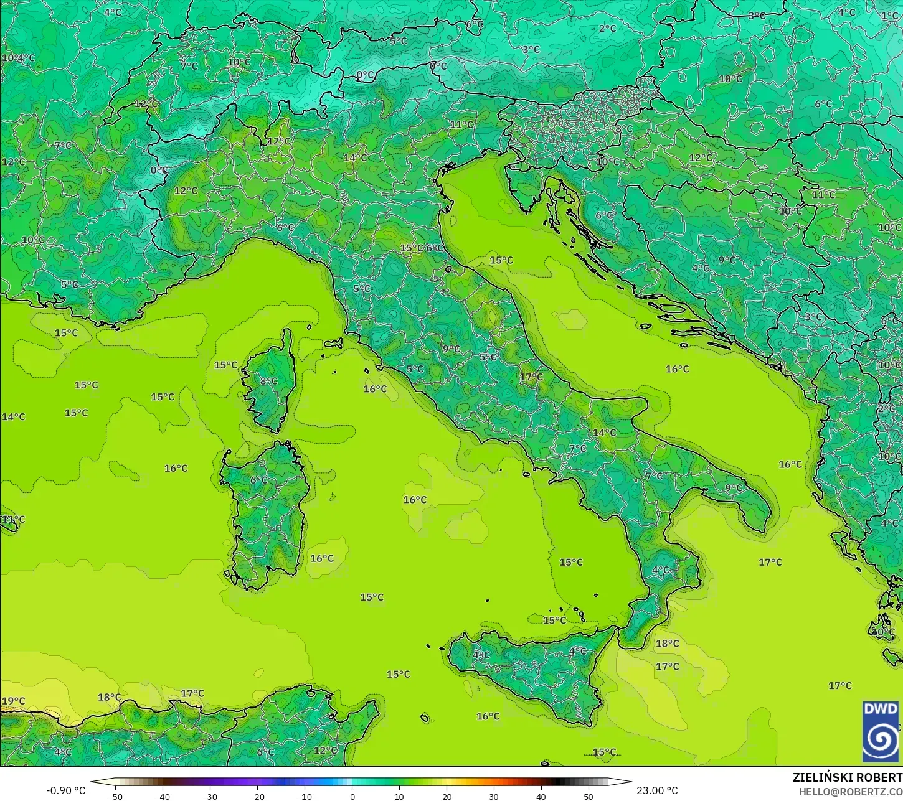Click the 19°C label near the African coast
coord(13,701)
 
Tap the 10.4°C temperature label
coord(19,58)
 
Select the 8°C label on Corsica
coord(268,381)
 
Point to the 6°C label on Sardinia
coord(258,480)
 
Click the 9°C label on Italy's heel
coord(734,488)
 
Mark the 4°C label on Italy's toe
coord(661,570)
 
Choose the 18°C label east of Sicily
coord(667,644)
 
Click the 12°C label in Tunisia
coord(324,751)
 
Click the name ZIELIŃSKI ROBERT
coord(847,777)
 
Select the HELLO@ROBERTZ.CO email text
coord(851,791)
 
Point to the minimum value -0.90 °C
coord(65,790)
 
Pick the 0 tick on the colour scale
coord(352,796)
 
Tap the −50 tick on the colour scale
coord(115,796)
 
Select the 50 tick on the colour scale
coord(589,796)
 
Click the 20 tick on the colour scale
coord(447,796)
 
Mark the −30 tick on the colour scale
coord(209,796)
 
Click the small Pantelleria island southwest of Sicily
coord(425,719)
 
